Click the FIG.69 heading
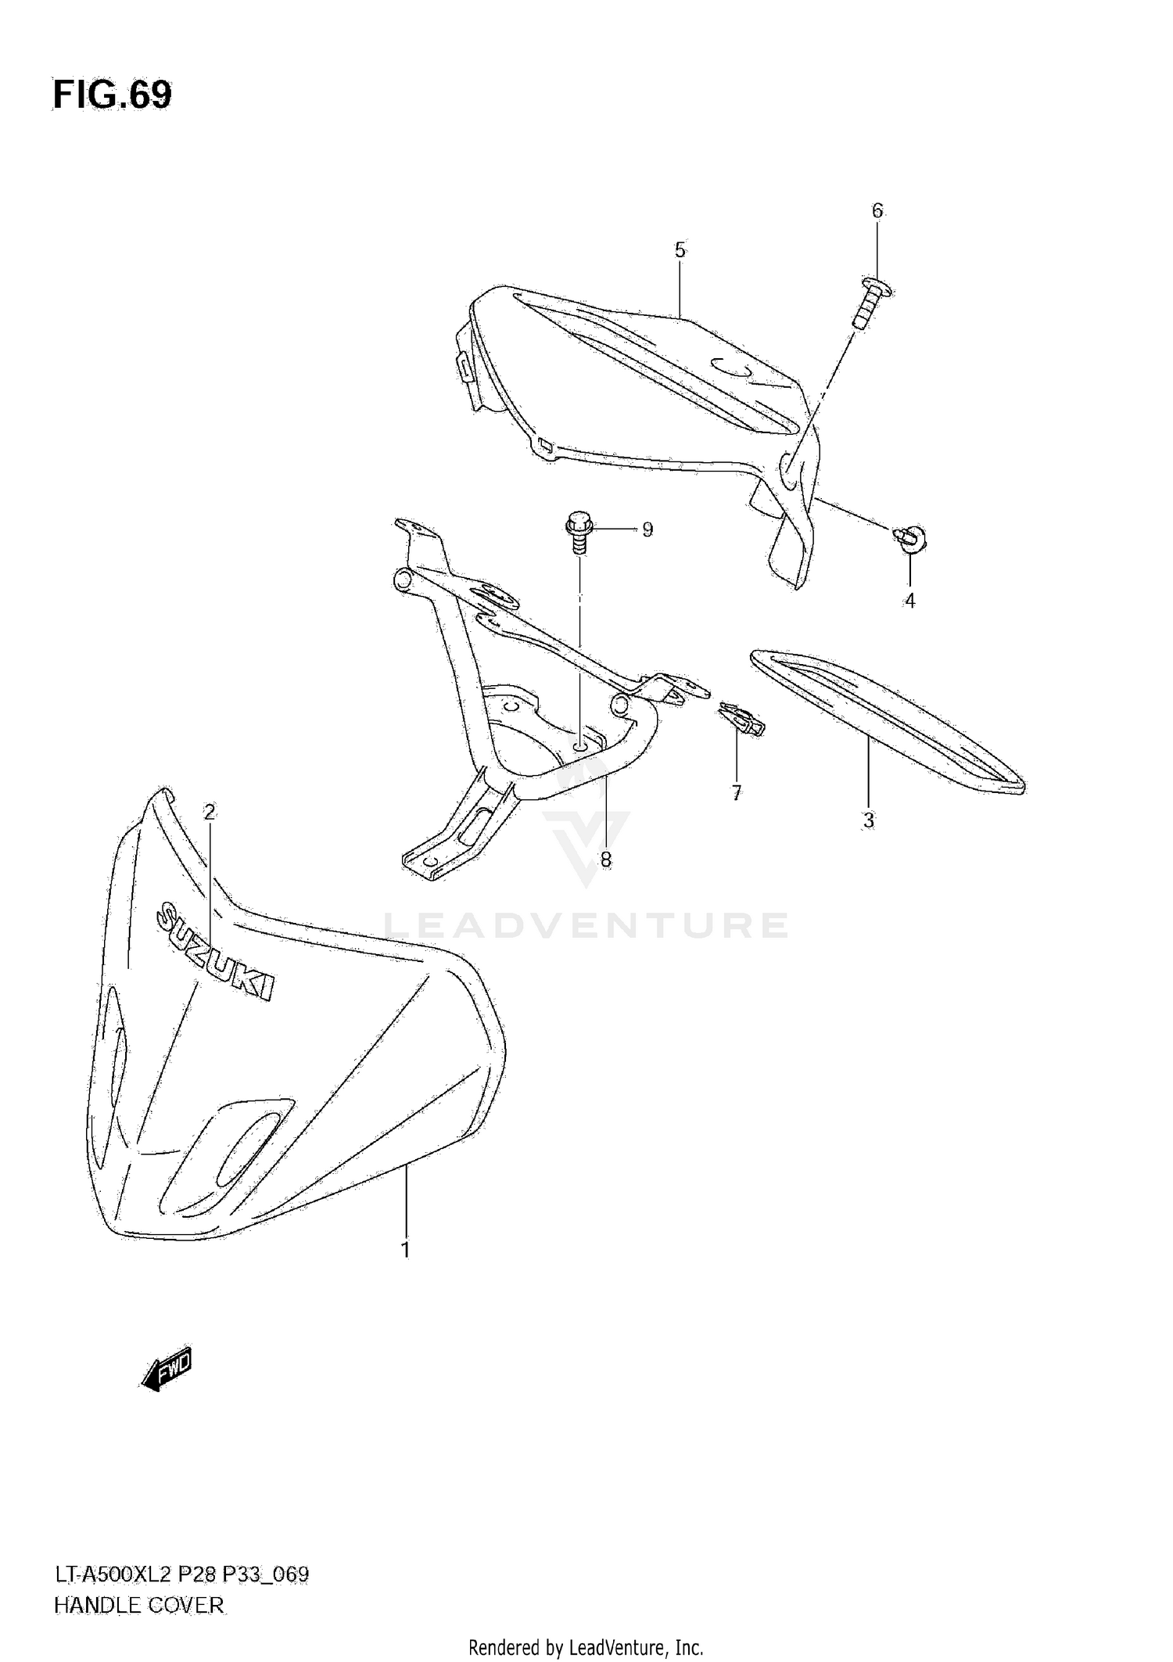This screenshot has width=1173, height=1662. pos(113,95)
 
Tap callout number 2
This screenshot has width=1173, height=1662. pos(209,813)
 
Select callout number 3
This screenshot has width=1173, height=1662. pos(868,820)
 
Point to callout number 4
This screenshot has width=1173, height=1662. pos(909,601)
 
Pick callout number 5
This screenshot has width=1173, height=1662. pos(680,250)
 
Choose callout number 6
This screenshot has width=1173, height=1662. pos(877,210)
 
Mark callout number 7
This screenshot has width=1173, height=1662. pos(736,793)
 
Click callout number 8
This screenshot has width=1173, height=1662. pos(605,860)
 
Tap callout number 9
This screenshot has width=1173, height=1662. pos(647,529)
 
